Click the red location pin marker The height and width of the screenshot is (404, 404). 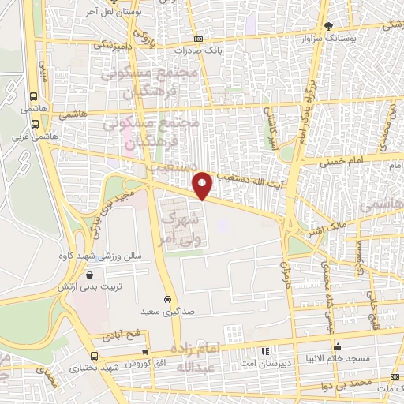click(204, 185)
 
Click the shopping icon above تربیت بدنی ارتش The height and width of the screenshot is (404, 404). click(92, 275)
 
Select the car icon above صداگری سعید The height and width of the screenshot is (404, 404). click(168, 300)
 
